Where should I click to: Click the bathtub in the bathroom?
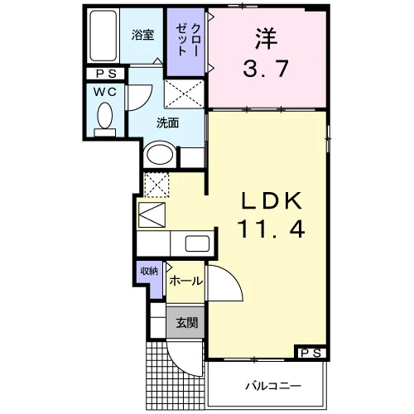[103, 36]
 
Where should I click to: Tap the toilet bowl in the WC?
[105, 116]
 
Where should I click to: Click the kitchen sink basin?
[197, 243]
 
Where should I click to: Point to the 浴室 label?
[142, 35]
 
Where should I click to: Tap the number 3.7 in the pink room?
[266, 69]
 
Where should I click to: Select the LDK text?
[272, 201]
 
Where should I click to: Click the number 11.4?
[272, 229]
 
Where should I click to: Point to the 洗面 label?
[167, 123]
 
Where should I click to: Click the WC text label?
[105, 92]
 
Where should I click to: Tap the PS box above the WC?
[105, 74]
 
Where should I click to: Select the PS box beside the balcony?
[310, 353]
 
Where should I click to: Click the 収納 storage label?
[149, 272]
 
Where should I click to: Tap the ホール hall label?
[186, 282]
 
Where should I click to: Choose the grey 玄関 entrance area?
[185, 322]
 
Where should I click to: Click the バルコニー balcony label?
[273, 386]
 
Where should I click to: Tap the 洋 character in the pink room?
[266, 39]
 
